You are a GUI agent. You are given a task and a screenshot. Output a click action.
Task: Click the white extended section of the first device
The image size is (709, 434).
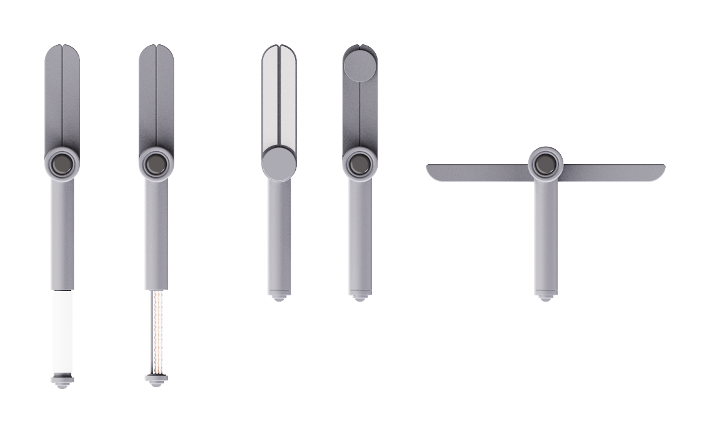[63, 331]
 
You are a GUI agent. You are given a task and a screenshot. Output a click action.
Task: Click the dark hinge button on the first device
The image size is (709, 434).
[63, 164]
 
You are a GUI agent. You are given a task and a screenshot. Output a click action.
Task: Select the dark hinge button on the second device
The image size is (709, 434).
[156, 164]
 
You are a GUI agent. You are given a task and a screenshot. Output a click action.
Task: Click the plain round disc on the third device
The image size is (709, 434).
[278, 164]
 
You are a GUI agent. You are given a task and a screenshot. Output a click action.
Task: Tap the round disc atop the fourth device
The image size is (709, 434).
[360, 64]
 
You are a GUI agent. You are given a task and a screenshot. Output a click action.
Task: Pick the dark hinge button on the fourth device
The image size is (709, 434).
[360, 164]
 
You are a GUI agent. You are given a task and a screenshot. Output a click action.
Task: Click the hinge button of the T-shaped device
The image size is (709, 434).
[546, 164]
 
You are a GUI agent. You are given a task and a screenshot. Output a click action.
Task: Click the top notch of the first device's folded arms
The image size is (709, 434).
[63, 47]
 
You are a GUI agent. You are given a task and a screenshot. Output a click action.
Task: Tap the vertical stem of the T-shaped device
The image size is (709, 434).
[546, 237]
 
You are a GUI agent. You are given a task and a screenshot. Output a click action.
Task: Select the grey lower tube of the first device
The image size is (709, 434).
[63, 237]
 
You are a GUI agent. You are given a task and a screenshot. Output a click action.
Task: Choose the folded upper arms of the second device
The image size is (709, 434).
[156, 100]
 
